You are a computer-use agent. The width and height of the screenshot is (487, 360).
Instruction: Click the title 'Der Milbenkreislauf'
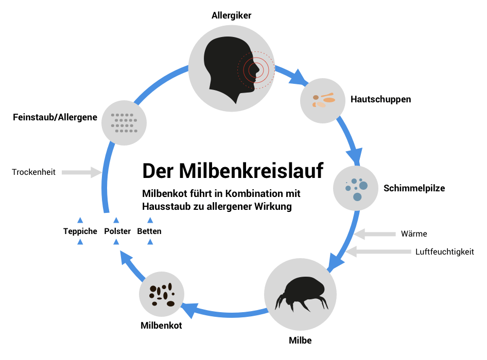pos(233,170)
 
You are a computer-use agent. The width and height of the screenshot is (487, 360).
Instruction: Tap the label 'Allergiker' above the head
pos(231,15)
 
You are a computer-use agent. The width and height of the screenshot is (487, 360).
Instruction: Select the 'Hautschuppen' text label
pos(381,99)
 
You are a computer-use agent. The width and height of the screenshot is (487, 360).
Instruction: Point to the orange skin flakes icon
pos(324,100)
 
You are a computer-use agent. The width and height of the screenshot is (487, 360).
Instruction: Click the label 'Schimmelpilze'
pos(414,188)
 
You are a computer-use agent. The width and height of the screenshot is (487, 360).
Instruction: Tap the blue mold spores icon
pos(356,189)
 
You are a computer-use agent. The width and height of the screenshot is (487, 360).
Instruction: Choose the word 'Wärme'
pos(414,233)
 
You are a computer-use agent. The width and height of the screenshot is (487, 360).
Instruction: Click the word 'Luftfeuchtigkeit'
pos(445,251)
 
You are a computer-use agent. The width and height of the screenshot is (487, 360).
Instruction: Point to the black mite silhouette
pos(301,294)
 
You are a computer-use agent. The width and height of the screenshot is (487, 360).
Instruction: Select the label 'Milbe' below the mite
pos(300,340)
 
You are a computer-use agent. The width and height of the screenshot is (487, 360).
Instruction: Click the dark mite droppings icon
pos(162,295)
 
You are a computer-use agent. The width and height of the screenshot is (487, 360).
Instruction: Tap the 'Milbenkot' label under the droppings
pos(161,326)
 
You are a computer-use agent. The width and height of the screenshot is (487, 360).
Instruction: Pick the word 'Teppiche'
pos(80,231)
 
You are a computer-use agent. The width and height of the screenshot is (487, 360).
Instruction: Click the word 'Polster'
pos(117,231)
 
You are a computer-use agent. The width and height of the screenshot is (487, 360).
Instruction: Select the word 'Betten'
pos(149,231)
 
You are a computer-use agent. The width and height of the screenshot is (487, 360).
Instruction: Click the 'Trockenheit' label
pos(33,172)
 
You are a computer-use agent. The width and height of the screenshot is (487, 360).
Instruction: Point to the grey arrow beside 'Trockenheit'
pos(82,172)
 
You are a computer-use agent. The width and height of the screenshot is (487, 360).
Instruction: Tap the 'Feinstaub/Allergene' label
pos(55,117)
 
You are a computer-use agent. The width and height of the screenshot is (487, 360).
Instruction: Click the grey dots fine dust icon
pos(124,123)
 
